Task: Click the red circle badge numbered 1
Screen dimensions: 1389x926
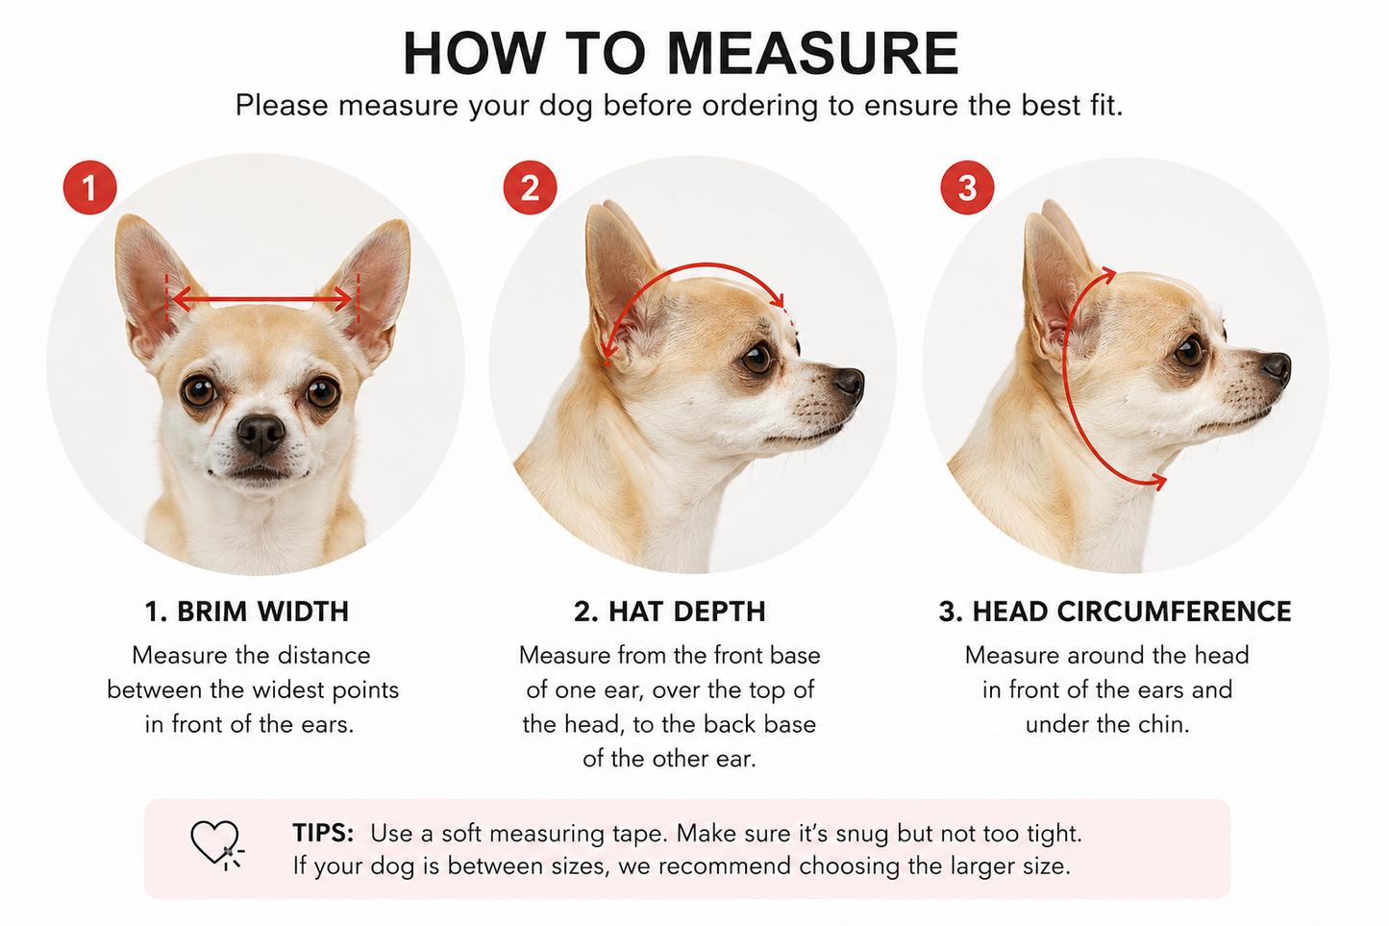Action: (90, 188)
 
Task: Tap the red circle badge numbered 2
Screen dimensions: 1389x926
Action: (530, 188)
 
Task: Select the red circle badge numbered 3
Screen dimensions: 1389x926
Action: (967, 188)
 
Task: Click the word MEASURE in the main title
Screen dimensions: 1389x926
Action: (813, 53)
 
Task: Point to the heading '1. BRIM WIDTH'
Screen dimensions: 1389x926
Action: (247, 612)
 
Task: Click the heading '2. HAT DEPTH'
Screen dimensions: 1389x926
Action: (670, 612)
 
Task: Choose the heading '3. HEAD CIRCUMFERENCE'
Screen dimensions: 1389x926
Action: (1115, 612)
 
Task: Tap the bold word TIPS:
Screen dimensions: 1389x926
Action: (323, 833)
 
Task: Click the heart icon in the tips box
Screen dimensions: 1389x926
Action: (215, 843)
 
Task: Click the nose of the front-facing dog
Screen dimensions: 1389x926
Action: (261, 433)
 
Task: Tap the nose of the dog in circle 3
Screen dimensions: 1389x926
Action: (1277, 367)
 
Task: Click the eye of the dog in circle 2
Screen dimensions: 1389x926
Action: (757, 359)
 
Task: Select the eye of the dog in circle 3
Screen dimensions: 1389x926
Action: (1188, 351)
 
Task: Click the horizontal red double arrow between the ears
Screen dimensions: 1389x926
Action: (262, 300)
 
